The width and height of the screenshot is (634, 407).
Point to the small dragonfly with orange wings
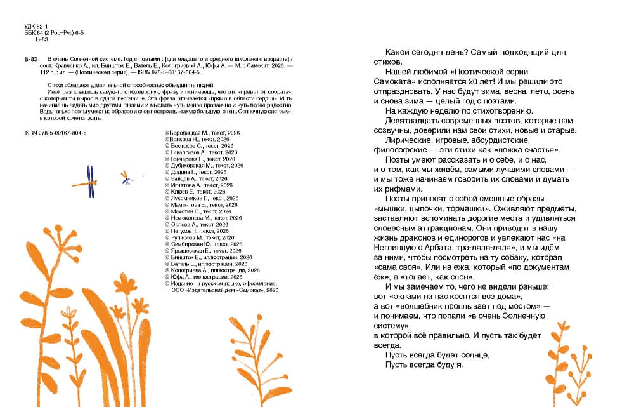pos(126,178)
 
